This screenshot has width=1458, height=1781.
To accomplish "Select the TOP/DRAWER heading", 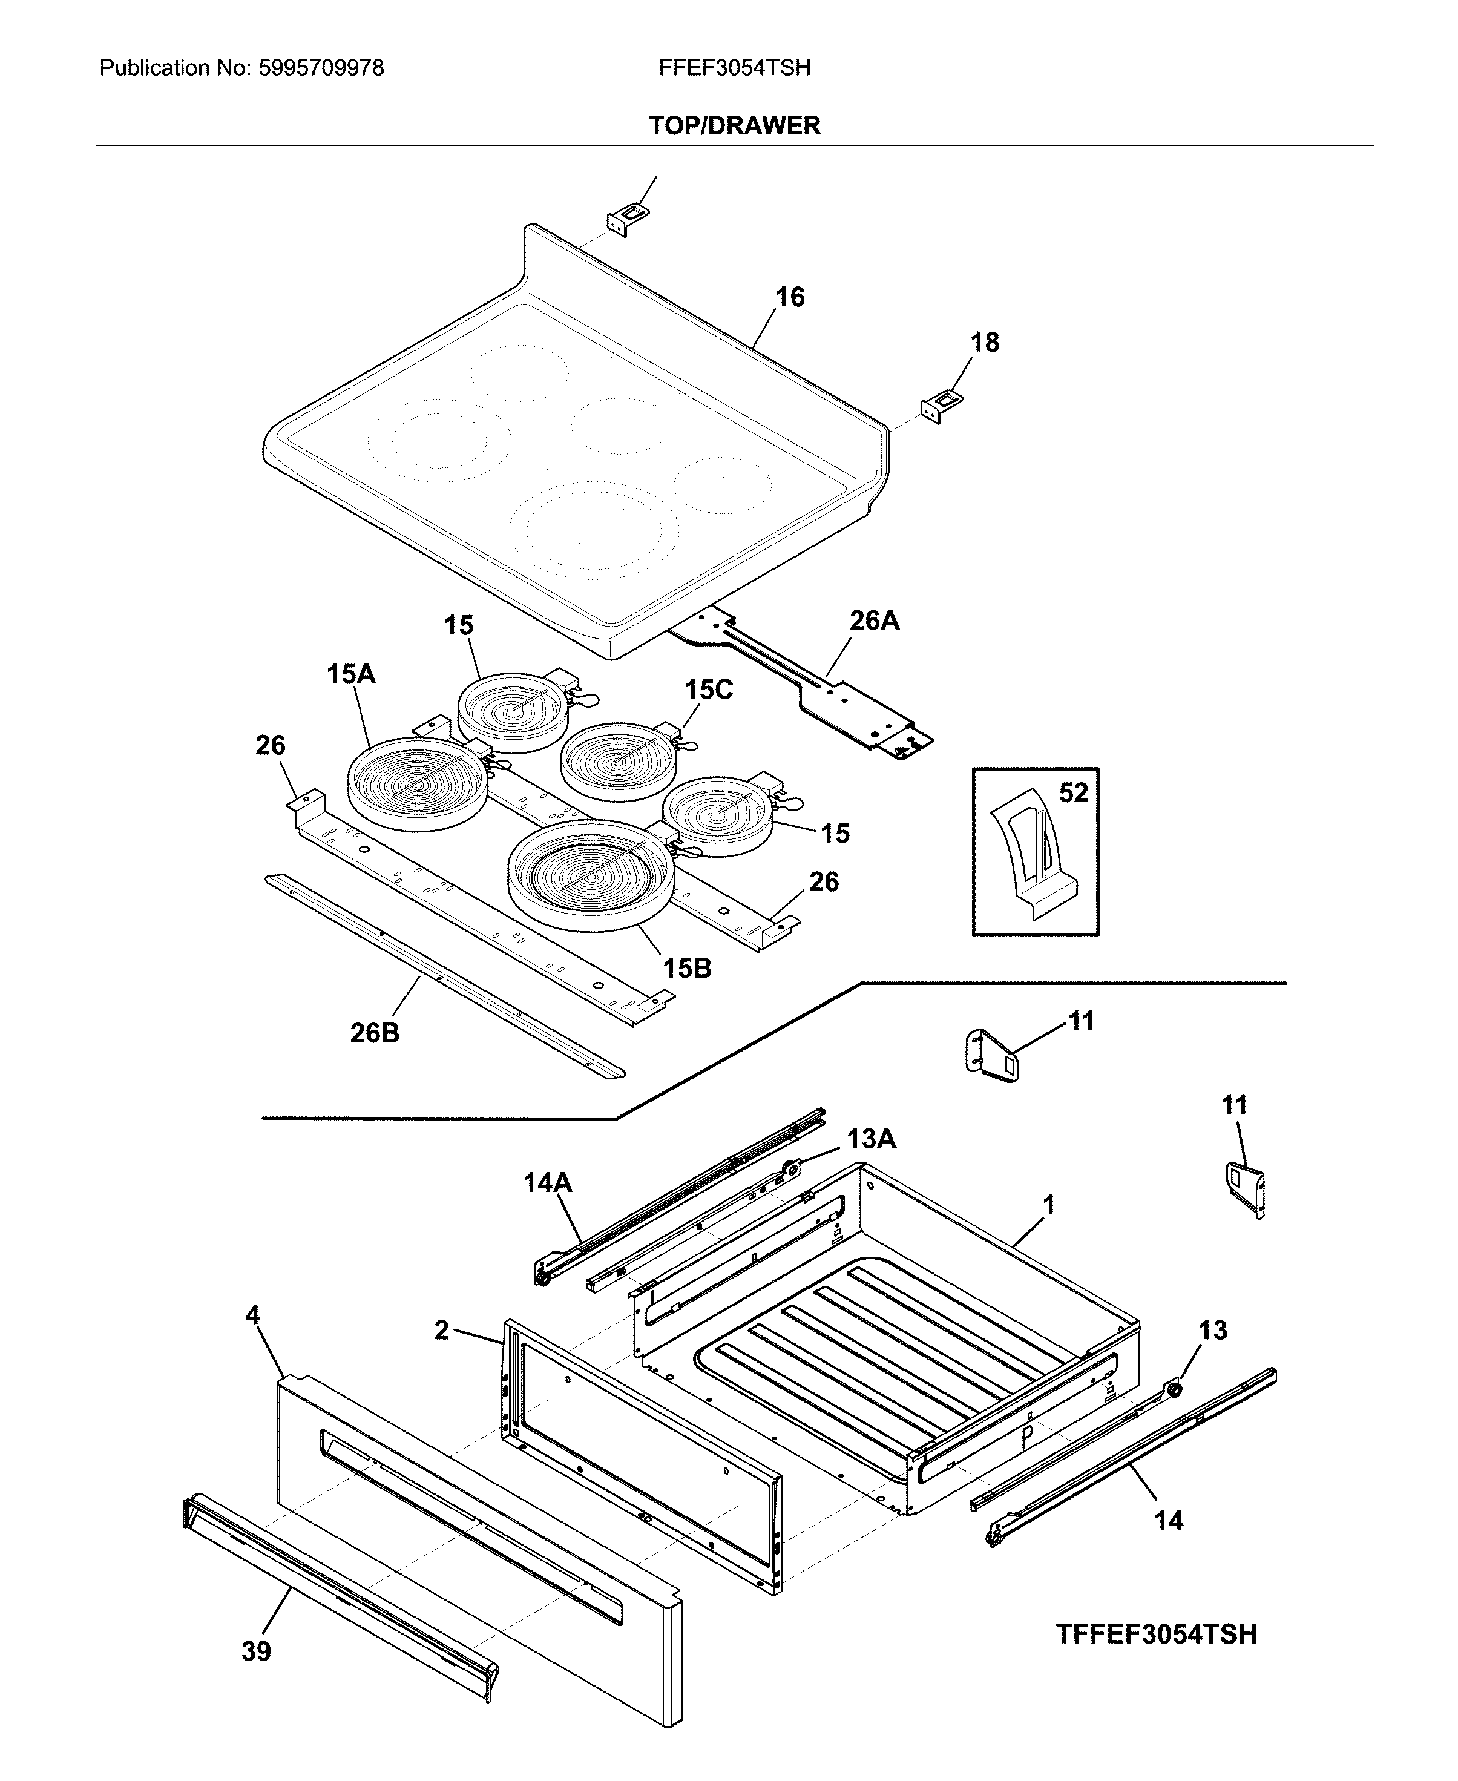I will [734, 126].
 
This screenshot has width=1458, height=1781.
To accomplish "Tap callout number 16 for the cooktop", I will [789, 297].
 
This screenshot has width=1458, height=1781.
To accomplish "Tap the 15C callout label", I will [708, 690].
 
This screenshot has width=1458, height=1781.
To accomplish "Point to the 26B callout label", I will [375, 1033].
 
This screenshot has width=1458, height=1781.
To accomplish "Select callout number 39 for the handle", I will [256, 1651].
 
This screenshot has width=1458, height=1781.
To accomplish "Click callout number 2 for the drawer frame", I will [442, 1330].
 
